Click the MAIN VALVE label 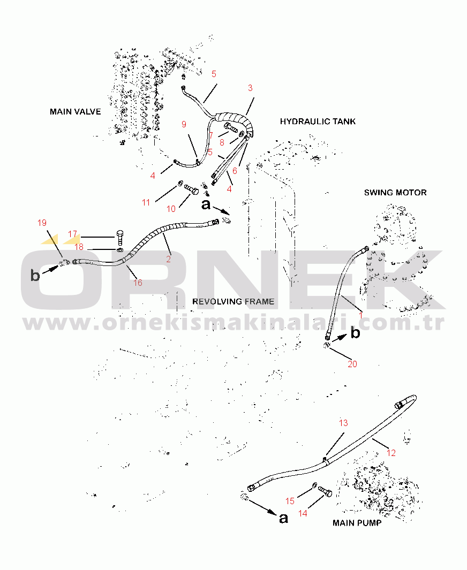click(76, 112)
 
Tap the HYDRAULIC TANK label click(318, 121)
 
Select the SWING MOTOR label click(395, 192)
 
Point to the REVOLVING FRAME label click(233, 301)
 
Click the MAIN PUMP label click(357, 523)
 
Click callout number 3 click(250, 88)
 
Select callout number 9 click(184, 124)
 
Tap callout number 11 click(146, 202)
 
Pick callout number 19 click(42, 223)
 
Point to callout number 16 click(138, 283)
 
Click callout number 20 click(352, 364)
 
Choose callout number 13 click(343, 423)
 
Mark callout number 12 click(391, 453)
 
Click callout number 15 click(290, 501)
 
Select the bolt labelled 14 click(325, 491)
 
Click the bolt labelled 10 click(191, 189)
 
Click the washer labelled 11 click(180, 183)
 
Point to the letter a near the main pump click(283, 518)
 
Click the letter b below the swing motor click(355, 332)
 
